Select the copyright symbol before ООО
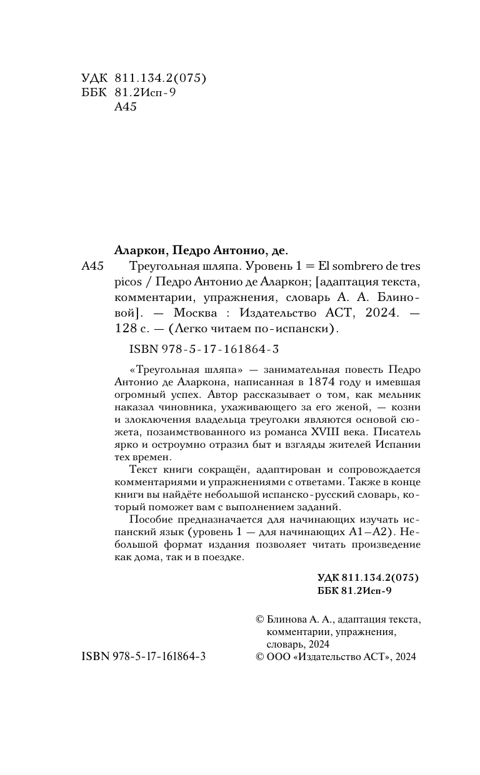click(261, 656)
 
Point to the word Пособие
click(149, 518)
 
